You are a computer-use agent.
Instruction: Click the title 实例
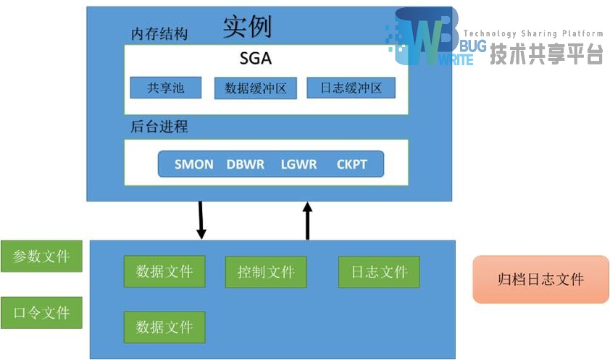(x=247, y=26)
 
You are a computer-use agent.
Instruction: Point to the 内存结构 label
(x=159, y=34)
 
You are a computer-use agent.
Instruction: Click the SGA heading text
(x=256, y=58)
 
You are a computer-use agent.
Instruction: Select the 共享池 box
(x=165, y=88)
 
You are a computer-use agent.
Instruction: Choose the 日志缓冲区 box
(x=351, y=88)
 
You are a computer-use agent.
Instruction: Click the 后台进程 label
(x=159, y=127)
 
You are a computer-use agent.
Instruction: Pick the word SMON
(x=193, y=164)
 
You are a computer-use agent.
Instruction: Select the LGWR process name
(x=298, y=164)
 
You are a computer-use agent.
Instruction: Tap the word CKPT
(x=351, y=164)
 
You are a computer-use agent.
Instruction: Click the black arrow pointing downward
(x=201, y=219)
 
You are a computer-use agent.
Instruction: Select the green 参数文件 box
(x=41, y=256)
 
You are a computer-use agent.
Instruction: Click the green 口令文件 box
(x=41, y=313)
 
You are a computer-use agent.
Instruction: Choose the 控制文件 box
(x=266, y=272)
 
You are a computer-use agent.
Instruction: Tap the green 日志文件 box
(x=379, y=272)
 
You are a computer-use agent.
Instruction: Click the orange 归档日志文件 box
(x=540, y=279)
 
